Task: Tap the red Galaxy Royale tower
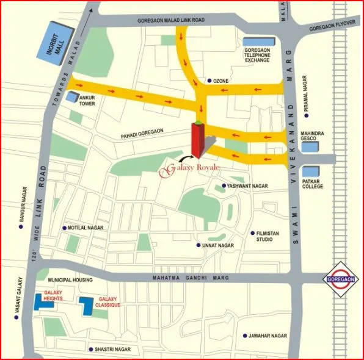tap(197, 141)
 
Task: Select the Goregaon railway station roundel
tap(340, 279)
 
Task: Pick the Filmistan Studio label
tap(272, 236)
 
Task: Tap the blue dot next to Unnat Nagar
tap(198, 245)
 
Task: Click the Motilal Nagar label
tap(86, 228)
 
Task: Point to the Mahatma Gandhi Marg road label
tap(190, 279)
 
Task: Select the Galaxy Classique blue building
tap(87, 306)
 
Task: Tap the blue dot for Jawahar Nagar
tap(244, 336)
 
